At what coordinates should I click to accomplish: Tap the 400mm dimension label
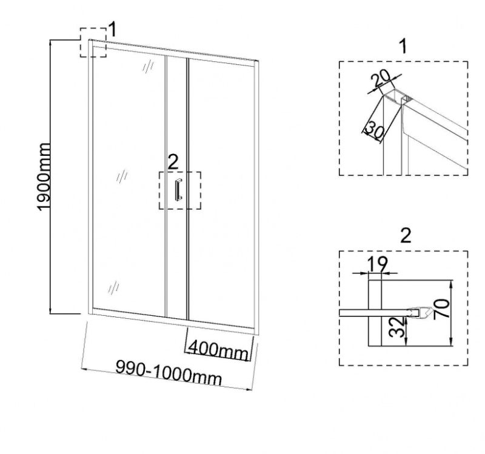click(217, 349)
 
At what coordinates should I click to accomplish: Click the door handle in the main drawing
click(178, 190)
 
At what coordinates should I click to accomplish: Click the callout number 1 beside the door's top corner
click(112, 29)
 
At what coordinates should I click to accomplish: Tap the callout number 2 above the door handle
click(173, 161)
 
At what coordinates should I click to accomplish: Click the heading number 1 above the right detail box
click(404, 45)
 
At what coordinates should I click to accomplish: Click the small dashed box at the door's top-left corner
click(93, 42)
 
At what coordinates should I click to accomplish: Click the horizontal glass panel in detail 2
click(376, 313)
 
